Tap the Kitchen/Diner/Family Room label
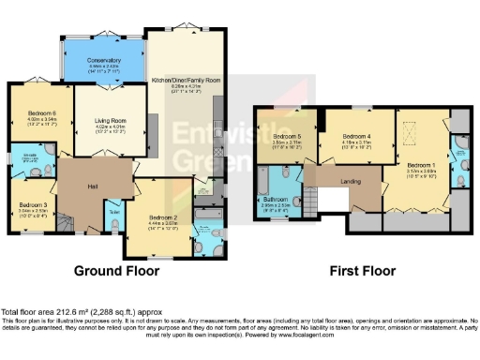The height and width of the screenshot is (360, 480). point(187,81)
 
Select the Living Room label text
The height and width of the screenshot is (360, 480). point(111,120)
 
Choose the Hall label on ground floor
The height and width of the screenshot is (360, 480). point(93,187)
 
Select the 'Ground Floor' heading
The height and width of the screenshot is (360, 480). point(118,270)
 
